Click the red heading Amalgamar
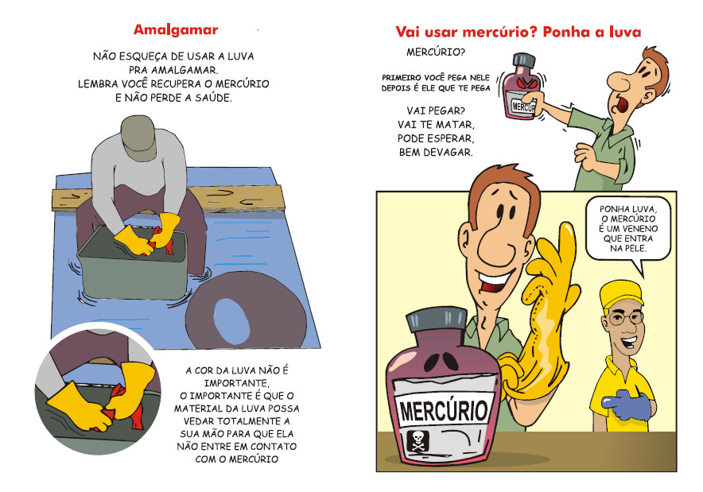(176, 29)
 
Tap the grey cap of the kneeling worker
(138, 137)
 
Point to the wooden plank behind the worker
(168, 199)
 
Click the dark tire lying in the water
(247, 309)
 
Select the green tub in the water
(133, 265)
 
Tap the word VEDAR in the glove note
(196, 421)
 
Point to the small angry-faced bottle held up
(520, 87)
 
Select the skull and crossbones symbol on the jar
(418, 441)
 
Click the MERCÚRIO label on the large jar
(443, 411)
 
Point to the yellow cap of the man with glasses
(621, 293)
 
